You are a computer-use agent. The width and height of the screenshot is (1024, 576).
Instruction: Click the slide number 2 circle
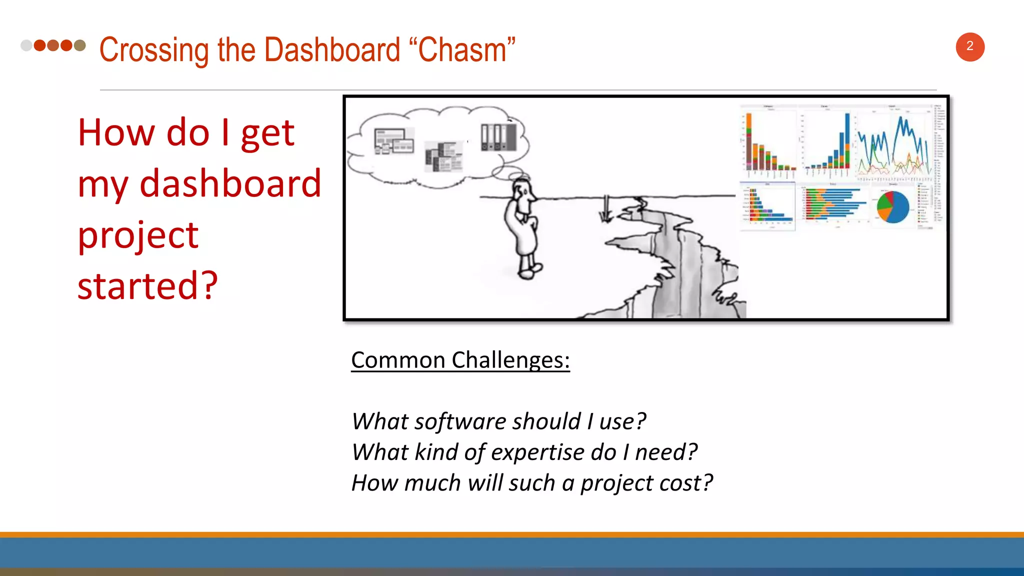(x=970, y=47)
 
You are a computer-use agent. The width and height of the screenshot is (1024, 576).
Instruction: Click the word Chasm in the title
(x=462, y=50)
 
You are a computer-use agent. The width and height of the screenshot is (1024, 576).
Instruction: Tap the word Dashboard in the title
(x=332, y=50)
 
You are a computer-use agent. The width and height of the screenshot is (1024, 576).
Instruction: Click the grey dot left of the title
(x=26, y=45)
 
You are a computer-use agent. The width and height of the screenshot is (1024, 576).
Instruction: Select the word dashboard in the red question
(x=230, y=184)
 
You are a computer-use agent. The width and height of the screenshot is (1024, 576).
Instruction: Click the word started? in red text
(x=147, y=285)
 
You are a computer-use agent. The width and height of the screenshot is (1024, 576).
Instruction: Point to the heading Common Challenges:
(x=460, y=360)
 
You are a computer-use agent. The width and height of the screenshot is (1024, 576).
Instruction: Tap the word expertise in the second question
(x=537, y=452)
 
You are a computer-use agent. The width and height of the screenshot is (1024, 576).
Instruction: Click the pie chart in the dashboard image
(x=893, y=206)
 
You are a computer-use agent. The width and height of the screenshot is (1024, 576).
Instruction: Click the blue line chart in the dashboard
(x=893, y=145)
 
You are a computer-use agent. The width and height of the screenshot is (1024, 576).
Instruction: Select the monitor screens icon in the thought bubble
(x=394, y=140)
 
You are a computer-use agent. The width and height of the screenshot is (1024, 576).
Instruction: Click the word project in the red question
(x=138, y=235)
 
